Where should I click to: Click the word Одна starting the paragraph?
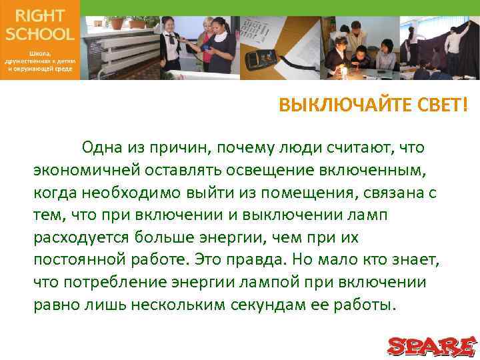click(x=102, y=147)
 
